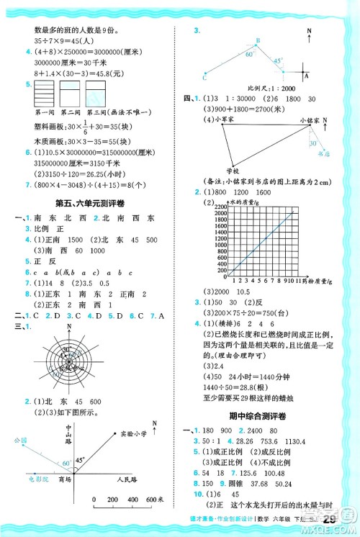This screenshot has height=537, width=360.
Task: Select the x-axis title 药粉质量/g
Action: coord(323,281)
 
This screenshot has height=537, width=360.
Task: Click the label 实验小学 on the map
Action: coord(137,433)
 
